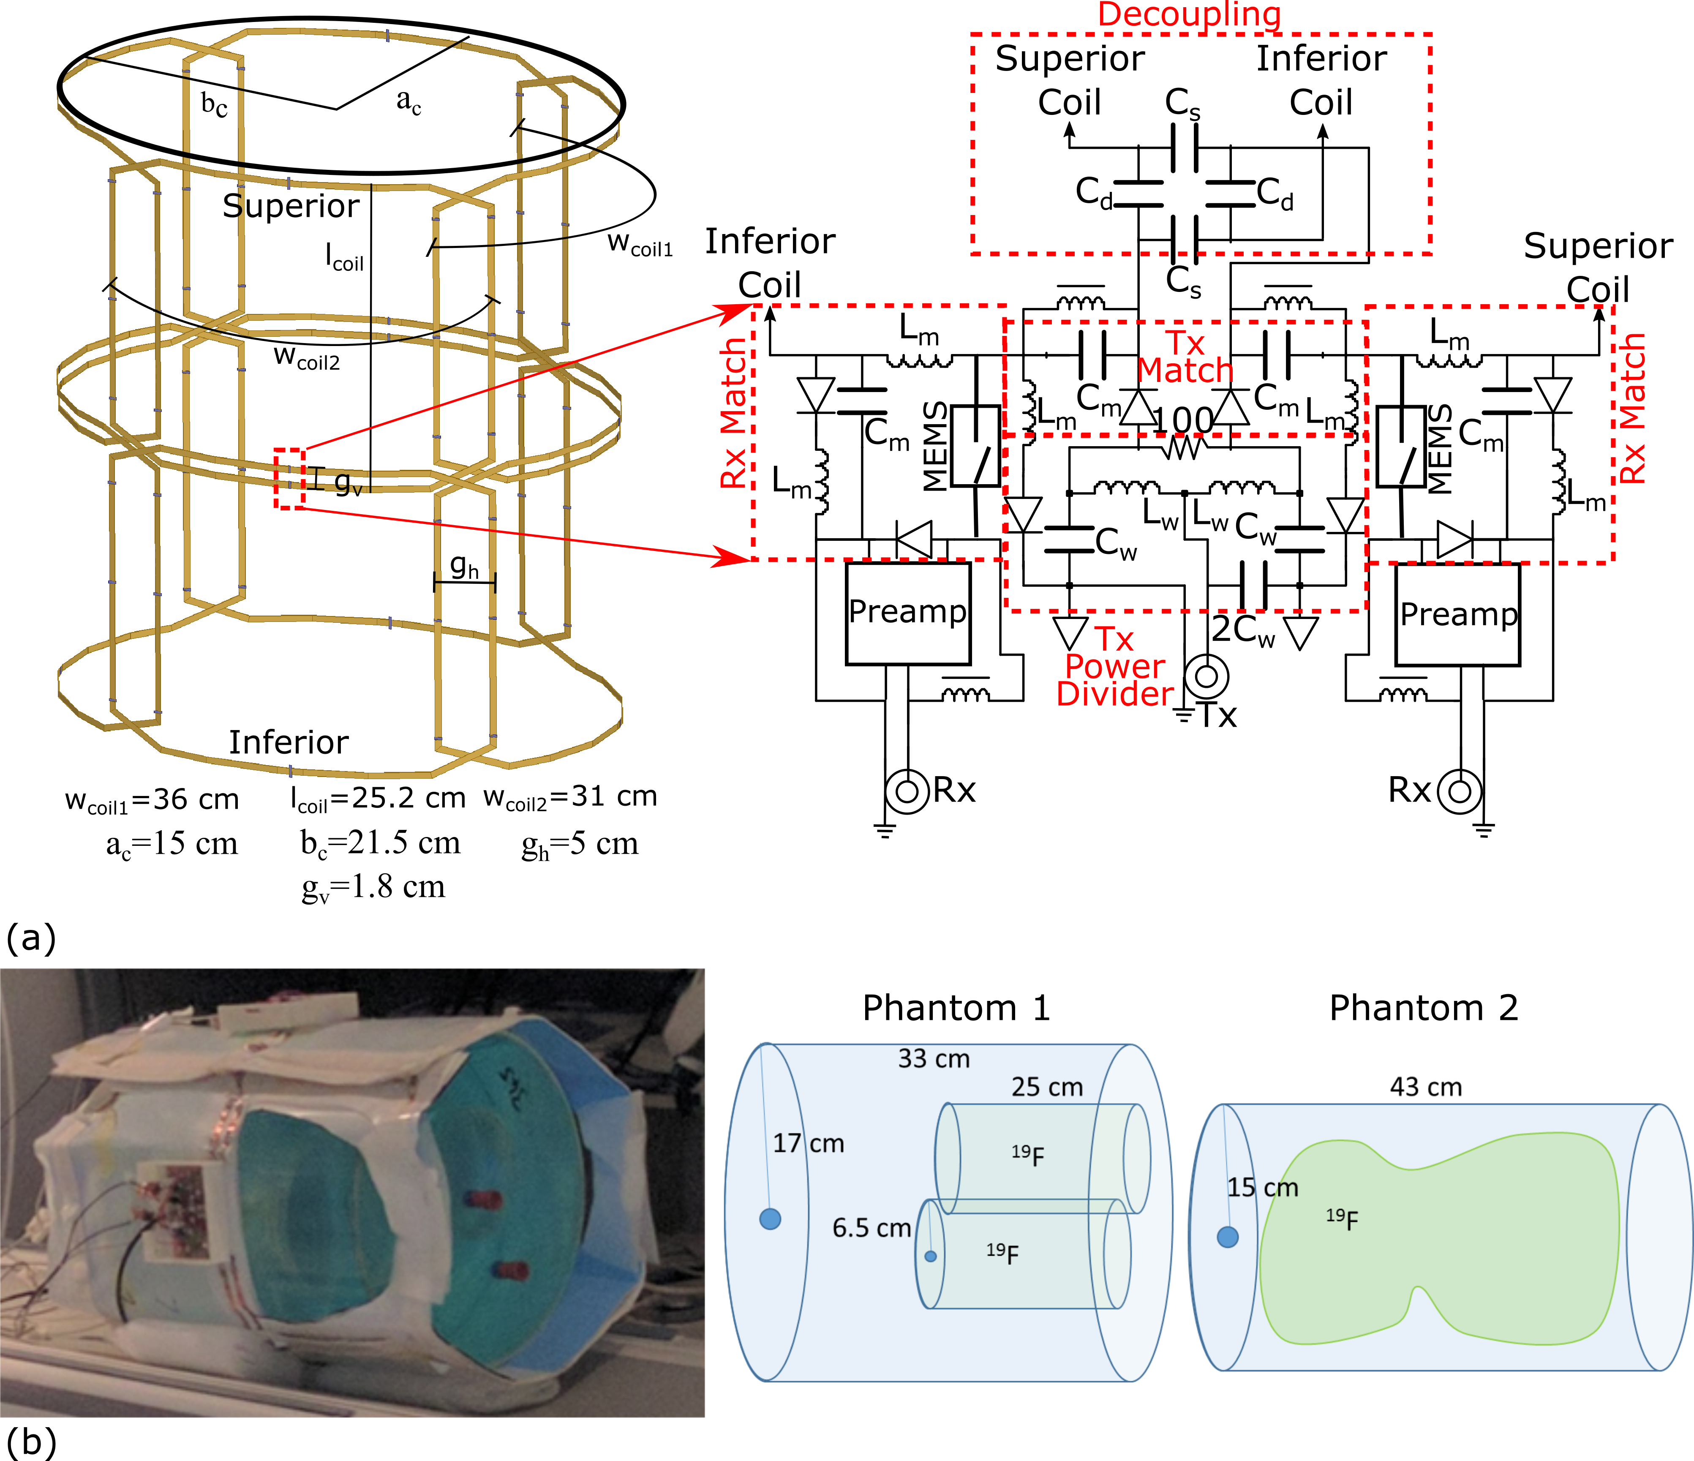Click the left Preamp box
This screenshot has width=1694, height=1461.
coord(908,613)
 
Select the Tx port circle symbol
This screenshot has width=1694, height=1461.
coord(1207,676)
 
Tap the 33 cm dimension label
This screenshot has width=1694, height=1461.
coord(934,1059)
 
